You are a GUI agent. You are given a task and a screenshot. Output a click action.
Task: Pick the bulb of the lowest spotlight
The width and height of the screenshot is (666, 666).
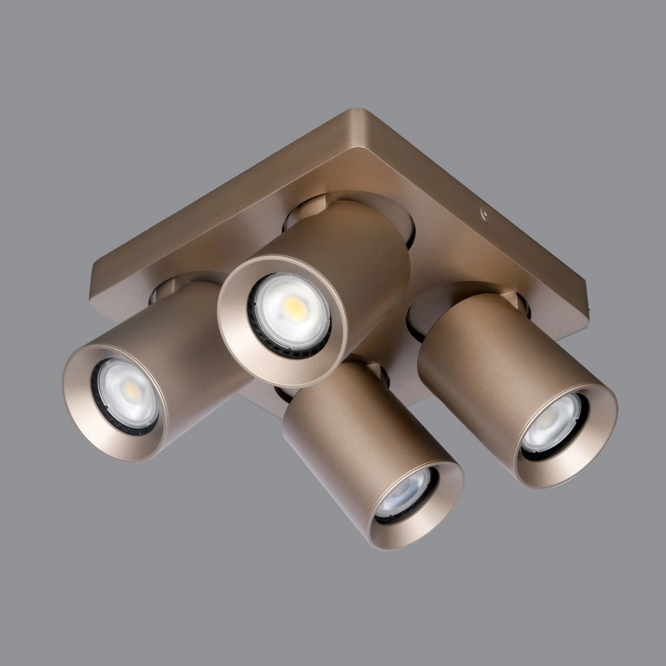pos(405,494)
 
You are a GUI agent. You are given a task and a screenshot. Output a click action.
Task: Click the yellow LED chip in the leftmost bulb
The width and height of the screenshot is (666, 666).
pos(133,391)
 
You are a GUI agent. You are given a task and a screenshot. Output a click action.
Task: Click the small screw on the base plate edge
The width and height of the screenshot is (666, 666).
pos(484,214)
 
